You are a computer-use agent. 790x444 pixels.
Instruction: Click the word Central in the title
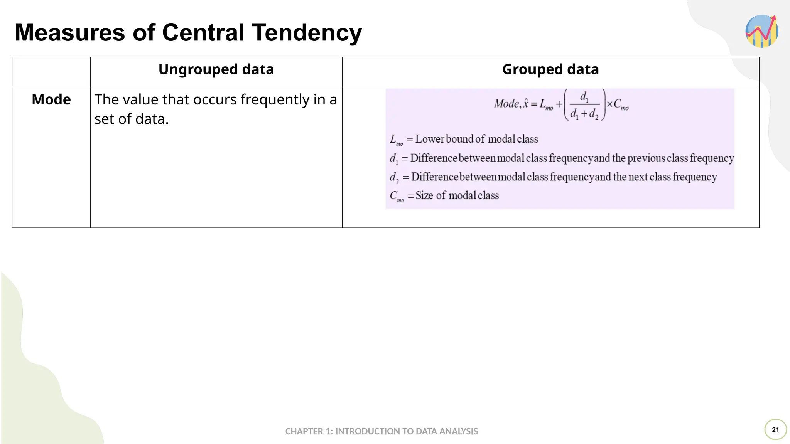(x=203, y=32)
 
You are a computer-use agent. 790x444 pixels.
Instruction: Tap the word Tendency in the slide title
(x=307, y=33)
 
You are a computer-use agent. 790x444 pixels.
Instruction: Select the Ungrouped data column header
(x=216, y=70)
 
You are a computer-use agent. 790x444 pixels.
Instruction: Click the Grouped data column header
(x=550, y=70)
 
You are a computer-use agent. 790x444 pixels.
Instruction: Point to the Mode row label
(x=51, y=99)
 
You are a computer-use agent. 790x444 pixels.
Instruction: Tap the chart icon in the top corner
(x=762, y=31)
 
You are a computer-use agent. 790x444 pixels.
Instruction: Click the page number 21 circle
(x=775, y=430)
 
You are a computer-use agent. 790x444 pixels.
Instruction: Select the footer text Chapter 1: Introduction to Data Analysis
(x=381, y=431)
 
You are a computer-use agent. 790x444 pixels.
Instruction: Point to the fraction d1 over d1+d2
(x=584, y=105)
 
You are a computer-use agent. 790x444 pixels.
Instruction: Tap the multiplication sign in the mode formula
(x=610, y=104)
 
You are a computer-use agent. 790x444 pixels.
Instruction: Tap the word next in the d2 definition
(x=638, y=177)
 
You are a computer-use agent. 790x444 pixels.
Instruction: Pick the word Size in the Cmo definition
(x=424, y=196)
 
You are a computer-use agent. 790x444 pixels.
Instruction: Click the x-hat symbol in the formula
(x=525, y=104)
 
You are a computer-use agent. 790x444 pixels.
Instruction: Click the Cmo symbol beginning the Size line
(x=397, y=196)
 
